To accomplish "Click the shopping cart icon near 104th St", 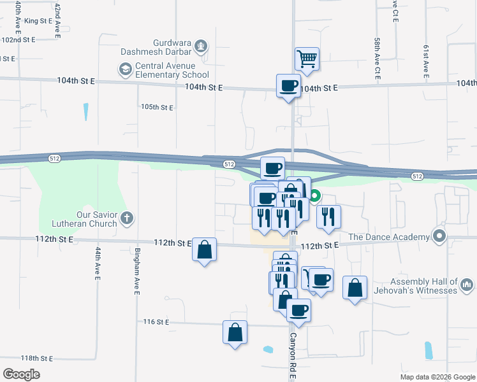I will (307, 59).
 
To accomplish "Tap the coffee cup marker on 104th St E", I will (288, 85).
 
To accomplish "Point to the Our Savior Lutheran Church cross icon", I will (127, 218).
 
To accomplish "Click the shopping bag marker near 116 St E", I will (235, 332).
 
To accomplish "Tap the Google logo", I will (21, 374).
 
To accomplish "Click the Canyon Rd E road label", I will (293, 357).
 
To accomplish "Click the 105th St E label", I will (157, 108).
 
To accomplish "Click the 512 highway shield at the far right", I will (417, 176).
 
